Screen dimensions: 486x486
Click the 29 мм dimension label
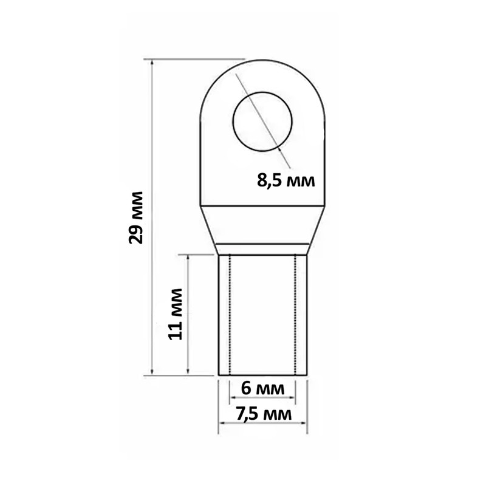[135, 218]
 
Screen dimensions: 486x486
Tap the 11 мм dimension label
[175, 314]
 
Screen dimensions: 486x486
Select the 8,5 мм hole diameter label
[286, 180]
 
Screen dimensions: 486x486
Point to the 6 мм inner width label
[263, 388]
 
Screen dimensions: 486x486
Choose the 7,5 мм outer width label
[264, 414]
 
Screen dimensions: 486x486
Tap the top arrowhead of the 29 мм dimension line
[152, 63]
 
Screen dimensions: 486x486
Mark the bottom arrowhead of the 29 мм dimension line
[152, 371]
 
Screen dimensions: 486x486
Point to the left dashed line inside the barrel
[230, 315]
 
